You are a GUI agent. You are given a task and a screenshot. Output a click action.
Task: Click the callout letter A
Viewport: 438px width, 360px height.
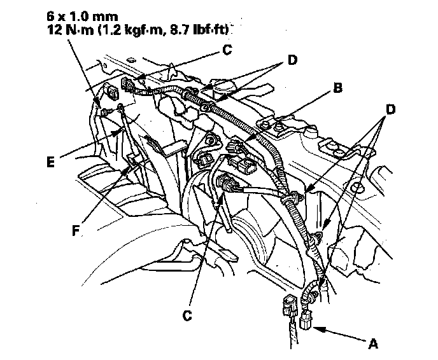pos(372,343)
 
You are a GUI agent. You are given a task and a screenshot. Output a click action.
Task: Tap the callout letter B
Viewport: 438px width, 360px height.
pos(337,88)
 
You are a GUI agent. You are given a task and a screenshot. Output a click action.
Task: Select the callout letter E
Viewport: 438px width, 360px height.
pos(50,162)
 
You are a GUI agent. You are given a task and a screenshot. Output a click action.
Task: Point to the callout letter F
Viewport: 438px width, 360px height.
pos(76,231)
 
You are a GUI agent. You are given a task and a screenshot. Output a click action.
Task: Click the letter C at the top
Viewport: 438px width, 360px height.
pos(227,50)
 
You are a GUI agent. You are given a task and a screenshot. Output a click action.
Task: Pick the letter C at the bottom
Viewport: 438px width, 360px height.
pos(187,315)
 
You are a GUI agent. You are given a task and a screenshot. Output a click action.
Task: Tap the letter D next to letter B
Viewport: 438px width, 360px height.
pos(292,60)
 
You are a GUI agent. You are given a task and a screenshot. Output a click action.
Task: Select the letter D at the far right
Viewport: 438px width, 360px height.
pos(390,109)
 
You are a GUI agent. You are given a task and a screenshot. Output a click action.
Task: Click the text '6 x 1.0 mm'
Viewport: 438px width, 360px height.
pos(82,17)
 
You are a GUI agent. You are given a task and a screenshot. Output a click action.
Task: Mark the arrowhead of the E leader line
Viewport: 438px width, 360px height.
pos(118,132)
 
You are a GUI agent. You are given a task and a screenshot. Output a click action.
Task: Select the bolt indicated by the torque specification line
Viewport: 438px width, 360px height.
pos(102,113)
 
